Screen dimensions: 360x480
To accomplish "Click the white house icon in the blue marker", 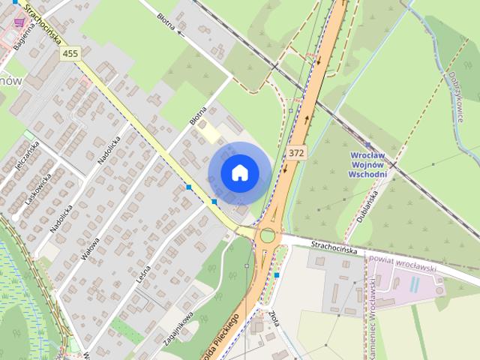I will click(239, 172).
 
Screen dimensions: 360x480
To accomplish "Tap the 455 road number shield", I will click(70, 53).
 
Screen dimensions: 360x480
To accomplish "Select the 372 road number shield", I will click(296, 152).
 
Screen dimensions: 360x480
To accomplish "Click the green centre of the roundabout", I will click(267, 236).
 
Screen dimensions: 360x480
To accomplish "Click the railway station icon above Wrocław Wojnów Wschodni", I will click(367, 144).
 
